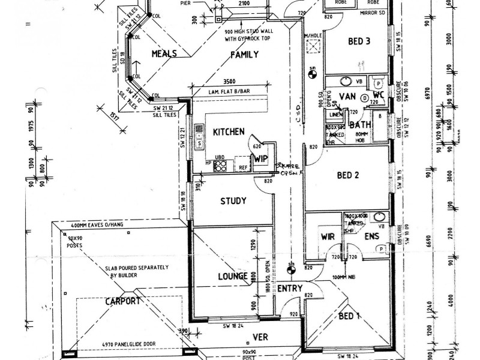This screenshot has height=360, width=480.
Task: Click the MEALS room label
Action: coord(164,54)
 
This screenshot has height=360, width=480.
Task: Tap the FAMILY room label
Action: coord(245,55)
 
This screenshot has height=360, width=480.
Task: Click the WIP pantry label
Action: coord(260,159)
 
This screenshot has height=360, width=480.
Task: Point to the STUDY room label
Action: coord(233,201)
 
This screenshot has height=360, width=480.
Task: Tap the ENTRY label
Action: coord(290,289)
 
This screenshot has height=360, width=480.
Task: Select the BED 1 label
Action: coord(350,316)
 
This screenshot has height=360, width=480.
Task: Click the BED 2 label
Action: coord(348,176)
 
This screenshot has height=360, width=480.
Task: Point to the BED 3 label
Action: coord(360,41)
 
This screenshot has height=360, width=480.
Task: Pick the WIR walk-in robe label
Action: coord(328,236)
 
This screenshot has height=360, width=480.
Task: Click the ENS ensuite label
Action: coord(372,237)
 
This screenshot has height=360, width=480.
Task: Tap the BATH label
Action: coord(361,125)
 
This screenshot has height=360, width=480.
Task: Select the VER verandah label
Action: coord(260,337)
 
